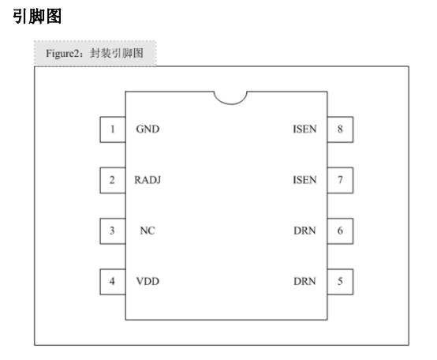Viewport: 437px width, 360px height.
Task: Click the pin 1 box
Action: click(x=113, y=129)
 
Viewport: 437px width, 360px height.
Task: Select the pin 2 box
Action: click(x=113, y=180)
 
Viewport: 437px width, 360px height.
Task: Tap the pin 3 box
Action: click(x=113, y=231)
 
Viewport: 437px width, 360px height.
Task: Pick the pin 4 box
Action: click(x=113, y=282)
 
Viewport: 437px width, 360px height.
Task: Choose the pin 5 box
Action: click(x=340, y=282)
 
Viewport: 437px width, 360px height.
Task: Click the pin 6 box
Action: click(x=340, y=231)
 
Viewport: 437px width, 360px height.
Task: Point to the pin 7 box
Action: click(x=340, y=180)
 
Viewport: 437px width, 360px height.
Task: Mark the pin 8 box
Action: click(x=340, y=129)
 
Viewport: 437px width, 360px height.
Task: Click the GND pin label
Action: click(x=148, y=129)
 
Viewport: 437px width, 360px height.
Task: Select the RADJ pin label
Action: click(x=148, y=180)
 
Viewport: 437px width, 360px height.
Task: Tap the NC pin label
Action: click(x=148, y=231)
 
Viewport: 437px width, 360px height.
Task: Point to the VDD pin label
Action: click(x=148, y=281)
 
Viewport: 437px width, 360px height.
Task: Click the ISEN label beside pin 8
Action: click(x=304, y=129)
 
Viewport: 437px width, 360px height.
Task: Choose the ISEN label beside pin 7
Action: click(x=304, y=180)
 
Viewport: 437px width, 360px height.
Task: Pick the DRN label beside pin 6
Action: click(x=304, y=231)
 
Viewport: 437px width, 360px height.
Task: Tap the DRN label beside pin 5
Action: click(x=304, y=281)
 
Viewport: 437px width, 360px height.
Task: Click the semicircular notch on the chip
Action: click(x=230, y=104)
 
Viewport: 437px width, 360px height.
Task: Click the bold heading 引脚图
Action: click(x=37, y=16)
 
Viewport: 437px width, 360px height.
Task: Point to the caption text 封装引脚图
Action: click(x=117, y=53)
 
